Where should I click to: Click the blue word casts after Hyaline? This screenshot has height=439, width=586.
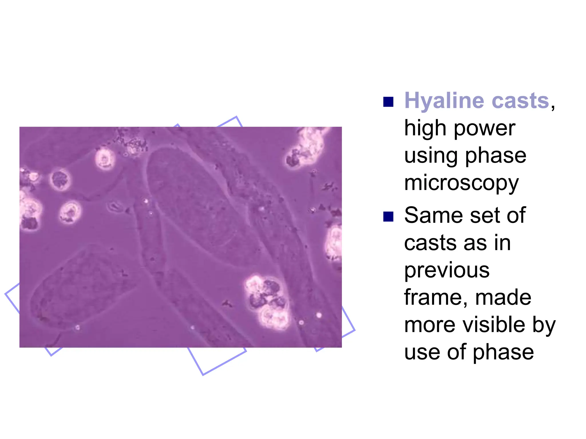[x=520, y=101]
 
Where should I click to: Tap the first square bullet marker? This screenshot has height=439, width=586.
[x=388, y=102]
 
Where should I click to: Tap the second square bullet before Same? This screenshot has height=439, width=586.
[x=388, y=216]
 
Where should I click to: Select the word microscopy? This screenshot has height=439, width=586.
[x=461, y=183]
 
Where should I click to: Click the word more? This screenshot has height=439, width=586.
[x=429, y=326]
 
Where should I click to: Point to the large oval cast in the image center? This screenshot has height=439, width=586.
[x=197, y=206]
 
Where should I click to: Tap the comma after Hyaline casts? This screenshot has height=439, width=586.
[x=553, y=107]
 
